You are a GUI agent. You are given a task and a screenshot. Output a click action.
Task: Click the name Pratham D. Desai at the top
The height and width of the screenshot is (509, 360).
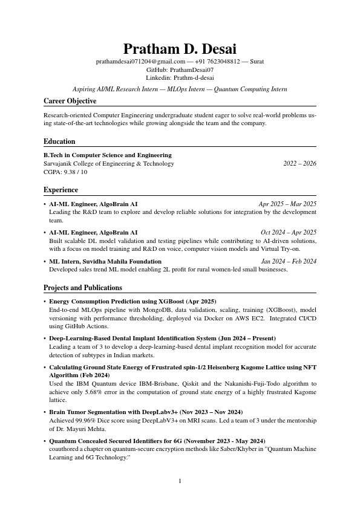coord(180,48)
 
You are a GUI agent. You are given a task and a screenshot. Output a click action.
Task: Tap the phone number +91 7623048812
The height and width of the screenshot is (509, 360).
coord(217,62)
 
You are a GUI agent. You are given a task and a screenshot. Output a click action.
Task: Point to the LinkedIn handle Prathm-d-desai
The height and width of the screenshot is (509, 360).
coord(194,77)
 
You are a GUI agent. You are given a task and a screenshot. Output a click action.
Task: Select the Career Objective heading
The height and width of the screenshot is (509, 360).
coord(70,101)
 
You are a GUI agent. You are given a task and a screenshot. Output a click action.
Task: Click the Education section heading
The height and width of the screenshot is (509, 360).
coord(59,141)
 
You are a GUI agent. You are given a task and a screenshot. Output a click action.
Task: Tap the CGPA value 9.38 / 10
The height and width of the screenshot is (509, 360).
coord(75,172)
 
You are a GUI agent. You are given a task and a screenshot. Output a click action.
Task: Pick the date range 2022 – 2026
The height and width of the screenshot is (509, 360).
coord(299,164)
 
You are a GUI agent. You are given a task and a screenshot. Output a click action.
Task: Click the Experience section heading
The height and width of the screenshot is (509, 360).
coord(61,190)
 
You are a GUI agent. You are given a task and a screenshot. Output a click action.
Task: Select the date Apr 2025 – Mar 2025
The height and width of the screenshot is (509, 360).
coord(287,204)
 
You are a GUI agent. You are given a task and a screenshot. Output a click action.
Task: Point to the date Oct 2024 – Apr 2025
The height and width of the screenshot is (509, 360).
coord(289,233)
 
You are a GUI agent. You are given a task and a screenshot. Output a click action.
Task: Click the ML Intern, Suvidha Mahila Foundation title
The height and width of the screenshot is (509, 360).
coord(105,262)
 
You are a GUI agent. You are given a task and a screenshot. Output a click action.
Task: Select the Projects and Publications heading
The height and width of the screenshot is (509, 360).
coord(83,288)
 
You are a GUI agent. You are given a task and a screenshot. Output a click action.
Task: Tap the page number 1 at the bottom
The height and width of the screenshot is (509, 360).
coord(180,481)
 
